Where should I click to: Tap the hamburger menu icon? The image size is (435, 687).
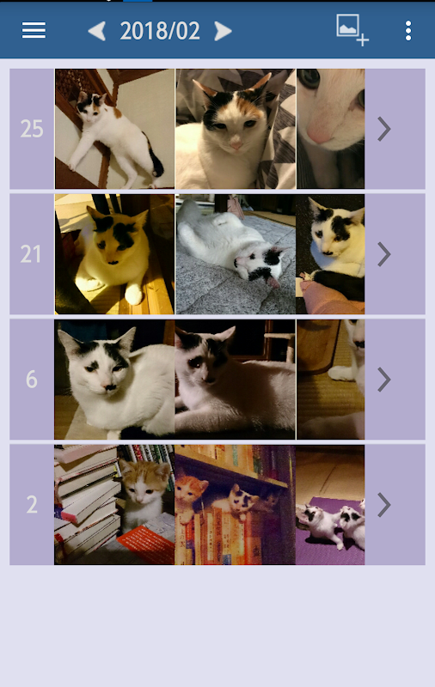(34, 30)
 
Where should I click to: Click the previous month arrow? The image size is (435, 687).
(97, 31)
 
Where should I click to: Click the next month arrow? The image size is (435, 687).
(223, 31)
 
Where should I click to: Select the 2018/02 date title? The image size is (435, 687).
(160, 31)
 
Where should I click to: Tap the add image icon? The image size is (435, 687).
(352, 29)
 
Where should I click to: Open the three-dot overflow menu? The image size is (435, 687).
(408, 31)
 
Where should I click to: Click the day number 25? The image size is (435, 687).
(32, 129)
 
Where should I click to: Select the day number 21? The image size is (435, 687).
(31, 254)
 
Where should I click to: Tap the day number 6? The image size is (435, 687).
(32, 379)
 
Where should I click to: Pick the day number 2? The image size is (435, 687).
(32, 504)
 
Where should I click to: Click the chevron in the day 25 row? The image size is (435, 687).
(384, 129)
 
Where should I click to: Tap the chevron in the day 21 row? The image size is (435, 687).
(384, 254)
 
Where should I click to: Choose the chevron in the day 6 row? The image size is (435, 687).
(384, 380)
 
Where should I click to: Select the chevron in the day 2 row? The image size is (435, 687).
(384, 505)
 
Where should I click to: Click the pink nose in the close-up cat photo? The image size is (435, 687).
(319, 135)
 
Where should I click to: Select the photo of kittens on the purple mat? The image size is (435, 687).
(330, 505)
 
